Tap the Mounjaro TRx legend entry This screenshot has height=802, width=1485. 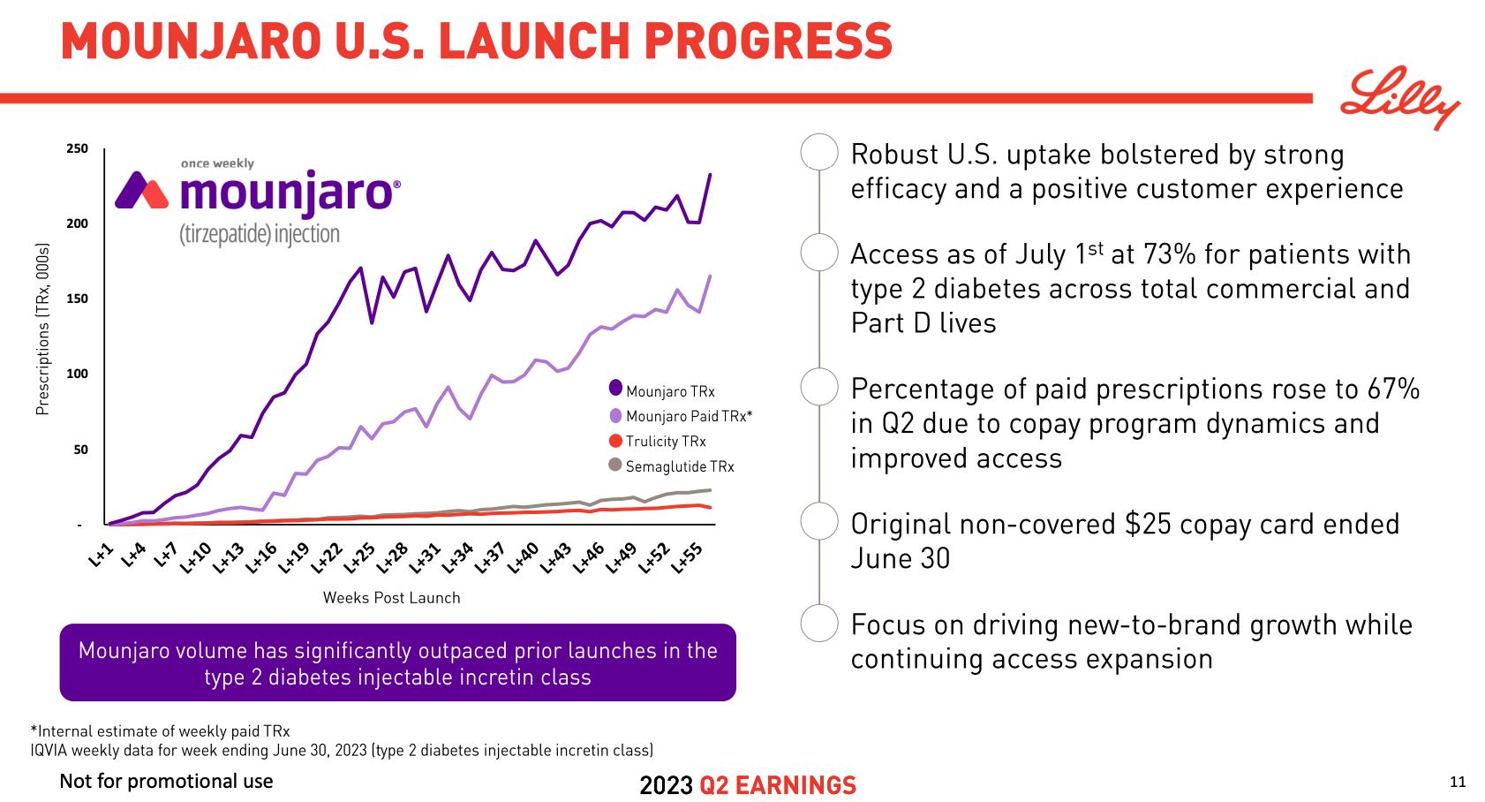click(669, 391)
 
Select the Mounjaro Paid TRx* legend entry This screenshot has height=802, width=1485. click(688, 416)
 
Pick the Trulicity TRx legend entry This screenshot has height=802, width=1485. click(665, 442)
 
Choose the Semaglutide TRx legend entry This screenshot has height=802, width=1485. click(679, 466)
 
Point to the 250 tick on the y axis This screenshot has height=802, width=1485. click(78, 148)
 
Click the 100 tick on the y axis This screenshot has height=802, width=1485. click(78, 374)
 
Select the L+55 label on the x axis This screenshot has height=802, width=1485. click(688, 557)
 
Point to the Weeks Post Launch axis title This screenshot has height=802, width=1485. click(391, 598)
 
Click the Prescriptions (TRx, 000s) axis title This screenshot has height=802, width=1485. click(42, 329)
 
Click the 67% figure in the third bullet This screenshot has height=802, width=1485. click(1393, 390)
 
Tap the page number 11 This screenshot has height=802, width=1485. click(1458, 782)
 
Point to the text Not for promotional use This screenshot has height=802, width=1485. click(166, 782)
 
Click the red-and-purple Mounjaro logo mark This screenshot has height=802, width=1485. click(141, 190)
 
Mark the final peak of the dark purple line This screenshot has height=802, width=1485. click(710, 175)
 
